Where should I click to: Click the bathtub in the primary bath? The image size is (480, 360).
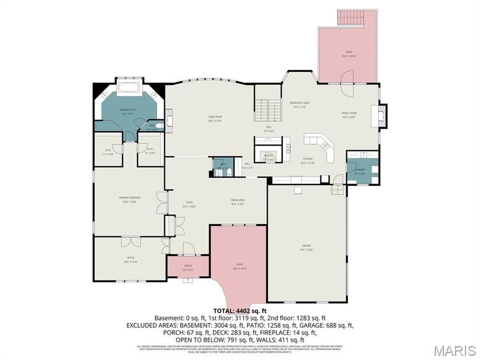[128, 88]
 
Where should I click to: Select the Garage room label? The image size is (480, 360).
[307, 245]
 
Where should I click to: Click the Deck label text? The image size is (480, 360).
[348, 52]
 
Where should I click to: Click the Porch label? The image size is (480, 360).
[188, 265]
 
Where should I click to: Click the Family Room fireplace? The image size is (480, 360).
[382, 116]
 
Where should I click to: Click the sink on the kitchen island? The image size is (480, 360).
[324, 144]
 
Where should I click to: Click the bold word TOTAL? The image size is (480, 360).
[224, 310]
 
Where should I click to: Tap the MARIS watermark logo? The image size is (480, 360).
[454, 350]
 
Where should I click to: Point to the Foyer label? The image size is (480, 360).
[189, 203]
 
